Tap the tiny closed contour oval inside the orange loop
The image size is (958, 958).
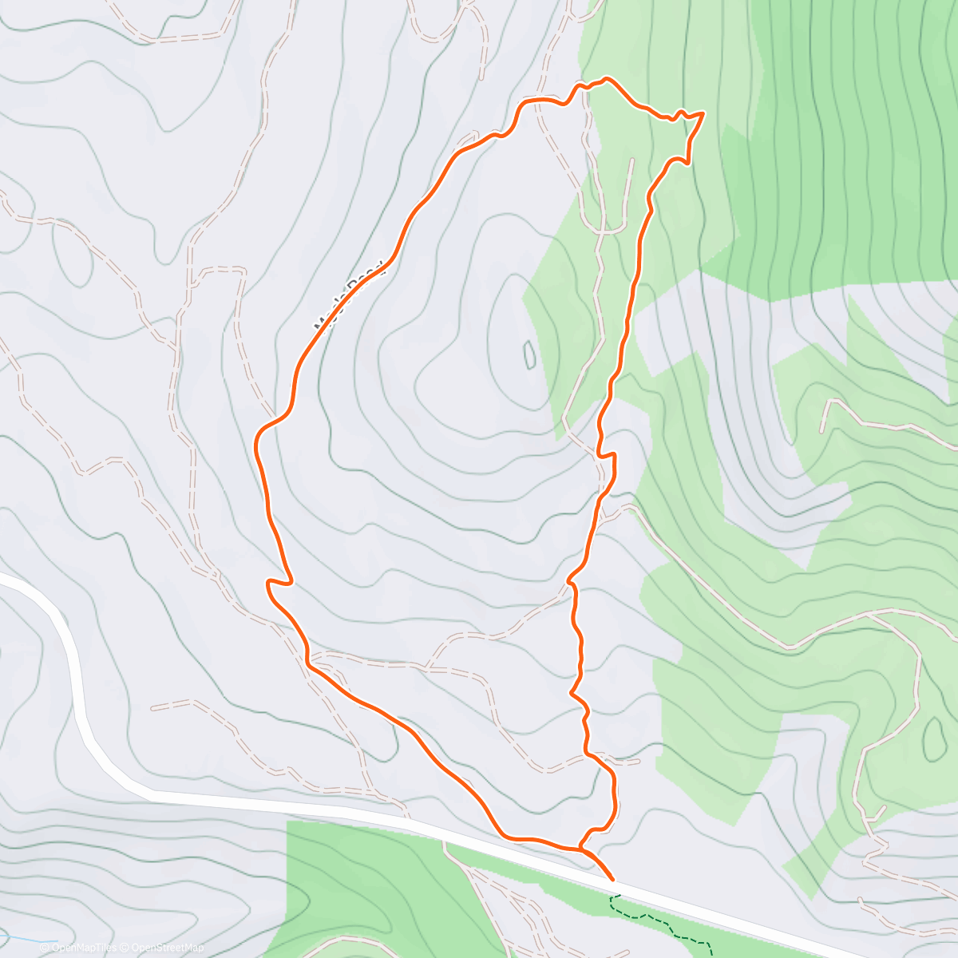pos(528,354)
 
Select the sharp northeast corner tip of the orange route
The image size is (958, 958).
pos(703,114)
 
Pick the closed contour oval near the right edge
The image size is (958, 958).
pos(932,738)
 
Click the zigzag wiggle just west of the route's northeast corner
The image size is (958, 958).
pos(677,116)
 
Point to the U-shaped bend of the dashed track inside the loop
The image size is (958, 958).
pos(612,231)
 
